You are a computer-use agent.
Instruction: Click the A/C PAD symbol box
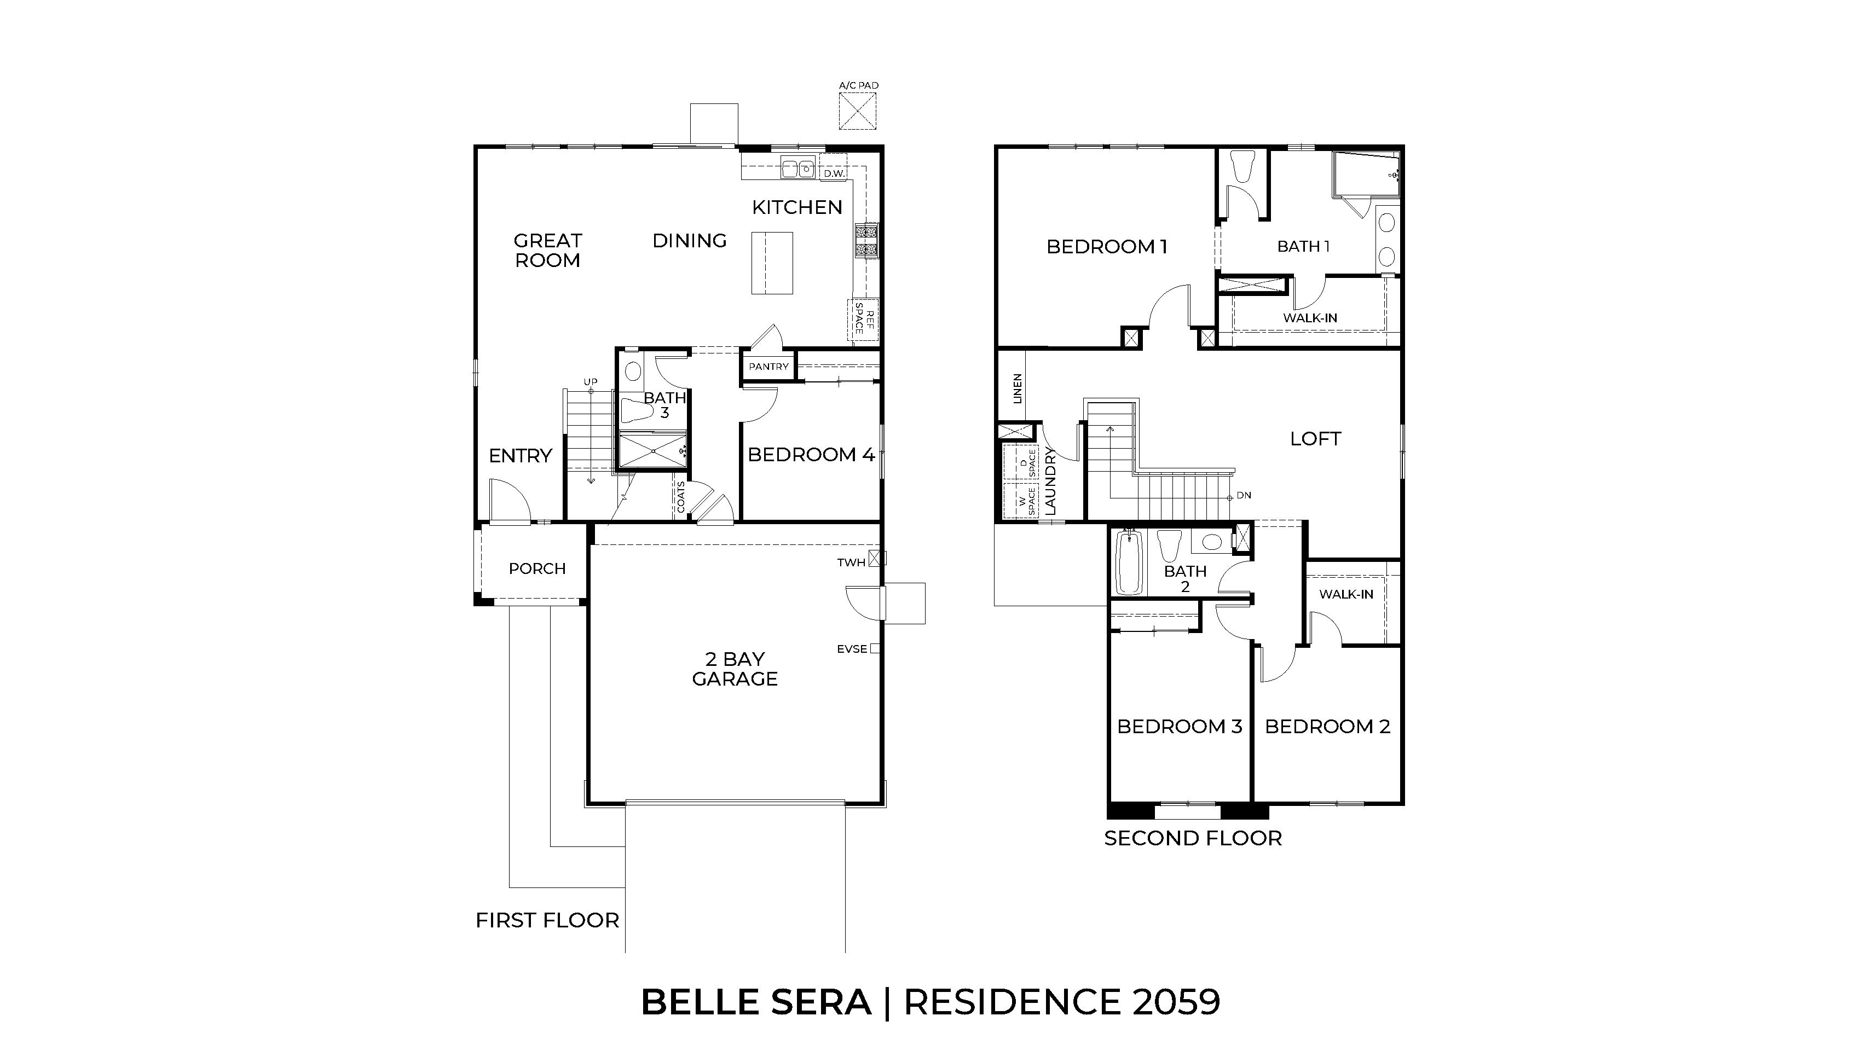(x=857, y=111)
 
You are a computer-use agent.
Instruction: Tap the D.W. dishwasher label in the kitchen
(x=834, y=173)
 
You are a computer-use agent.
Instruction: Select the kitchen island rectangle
(x=772, y=263)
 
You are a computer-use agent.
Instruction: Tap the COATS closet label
(x=681, y=496)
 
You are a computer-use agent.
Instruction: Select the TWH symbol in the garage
(x=877, y=559)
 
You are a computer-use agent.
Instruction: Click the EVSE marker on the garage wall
(x=875, y=648)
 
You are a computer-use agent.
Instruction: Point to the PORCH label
(x=537, y=568)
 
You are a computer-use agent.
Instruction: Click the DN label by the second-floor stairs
(x=1244, y=495)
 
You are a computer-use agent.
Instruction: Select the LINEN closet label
(x=1017, y=388)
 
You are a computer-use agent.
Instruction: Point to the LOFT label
(x=1315, y=438)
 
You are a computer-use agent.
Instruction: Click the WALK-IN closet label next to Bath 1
(x=1309, y=318)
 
